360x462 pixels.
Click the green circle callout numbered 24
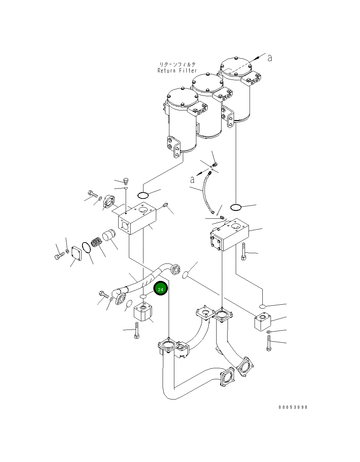(x=160, y=289)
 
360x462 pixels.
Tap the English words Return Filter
(x=177, y=71)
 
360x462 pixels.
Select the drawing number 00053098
(x=293, y=407)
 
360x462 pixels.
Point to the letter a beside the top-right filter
(x=269, y=58)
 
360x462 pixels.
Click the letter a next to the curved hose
(x=192, y=180)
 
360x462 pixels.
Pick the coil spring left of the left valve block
(x=96, y=243)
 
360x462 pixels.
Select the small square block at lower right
(x=263, y=321)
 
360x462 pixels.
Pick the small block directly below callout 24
(x=143, y=312)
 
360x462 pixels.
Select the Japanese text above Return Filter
(x=177, y=64)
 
